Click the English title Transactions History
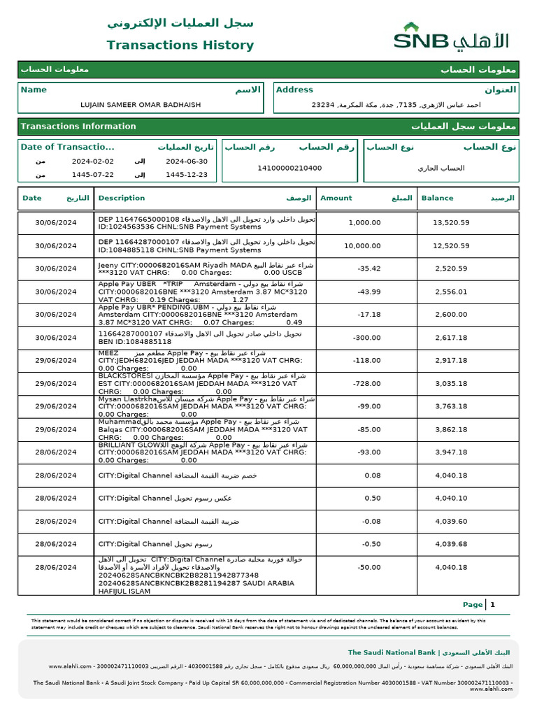click(180, 45)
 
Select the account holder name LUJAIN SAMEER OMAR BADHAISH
click(141, 105)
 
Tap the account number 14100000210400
click(289, 168)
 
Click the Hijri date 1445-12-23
click(187, 175)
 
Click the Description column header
click(122, 198)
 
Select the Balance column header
click(437, 198)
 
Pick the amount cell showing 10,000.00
click(363, 246)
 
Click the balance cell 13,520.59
click(451, 223)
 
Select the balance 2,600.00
click(451, 315)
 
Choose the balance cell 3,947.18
click(451, 452)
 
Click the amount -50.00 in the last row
click(368, 568)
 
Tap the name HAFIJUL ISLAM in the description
click(124, 591)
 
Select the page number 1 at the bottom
click(492, 605)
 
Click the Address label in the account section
click(294, 89)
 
